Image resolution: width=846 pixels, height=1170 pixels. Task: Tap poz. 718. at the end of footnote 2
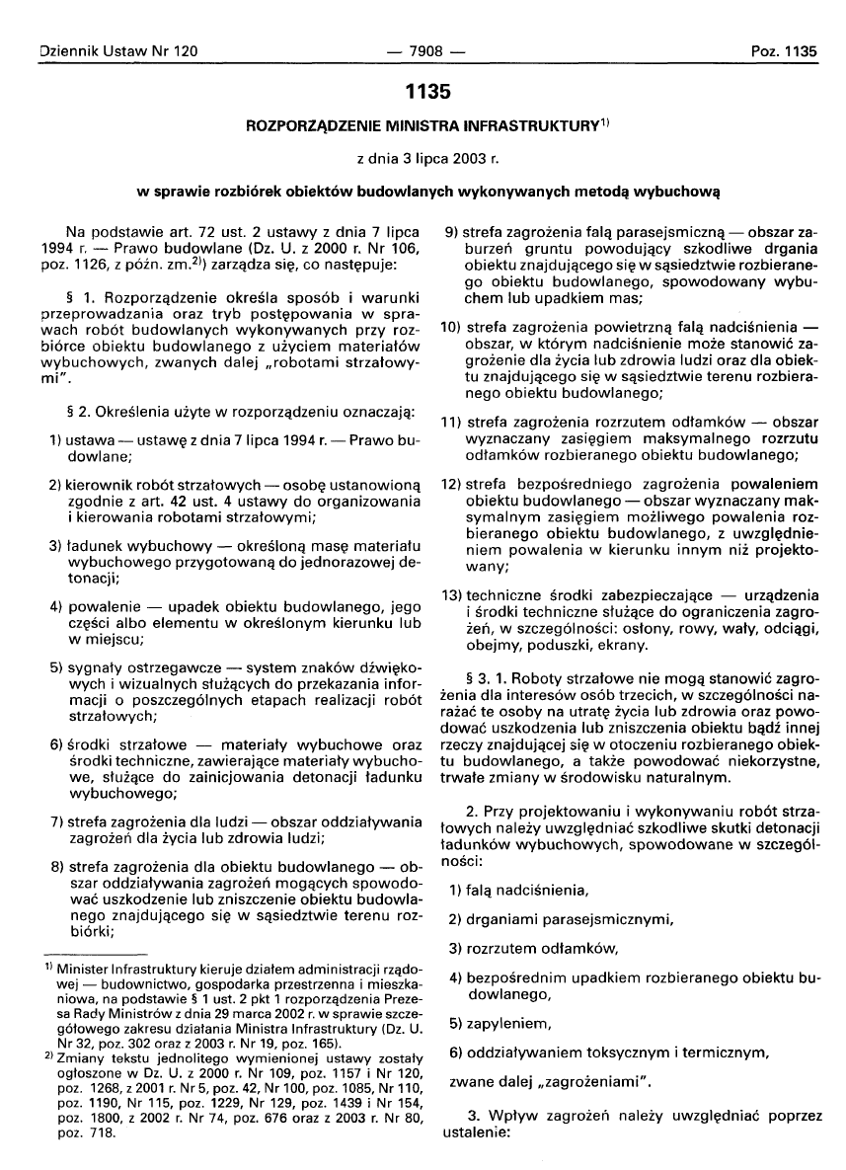(x=87, y=1134)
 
